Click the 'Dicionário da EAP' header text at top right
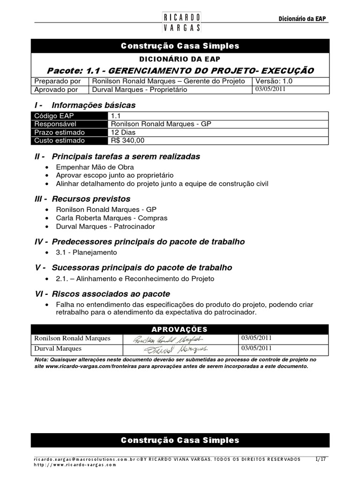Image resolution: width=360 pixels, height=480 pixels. (302, 19)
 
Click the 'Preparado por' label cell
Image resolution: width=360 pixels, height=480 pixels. (58, 81)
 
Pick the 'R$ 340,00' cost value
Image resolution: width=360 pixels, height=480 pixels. (127, 140)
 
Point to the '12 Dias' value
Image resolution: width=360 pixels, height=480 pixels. (123, 132)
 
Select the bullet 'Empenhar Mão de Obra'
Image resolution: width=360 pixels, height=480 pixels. (95, 167)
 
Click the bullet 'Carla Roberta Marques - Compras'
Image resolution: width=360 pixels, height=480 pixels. (112, 218)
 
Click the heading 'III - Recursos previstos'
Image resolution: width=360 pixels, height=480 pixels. (82, 199)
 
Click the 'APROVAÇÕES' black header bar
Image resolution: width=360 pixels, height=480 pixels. (180, 329)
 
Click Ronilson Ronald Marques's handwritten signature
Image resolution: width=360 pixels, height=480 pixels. (166, 339)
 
